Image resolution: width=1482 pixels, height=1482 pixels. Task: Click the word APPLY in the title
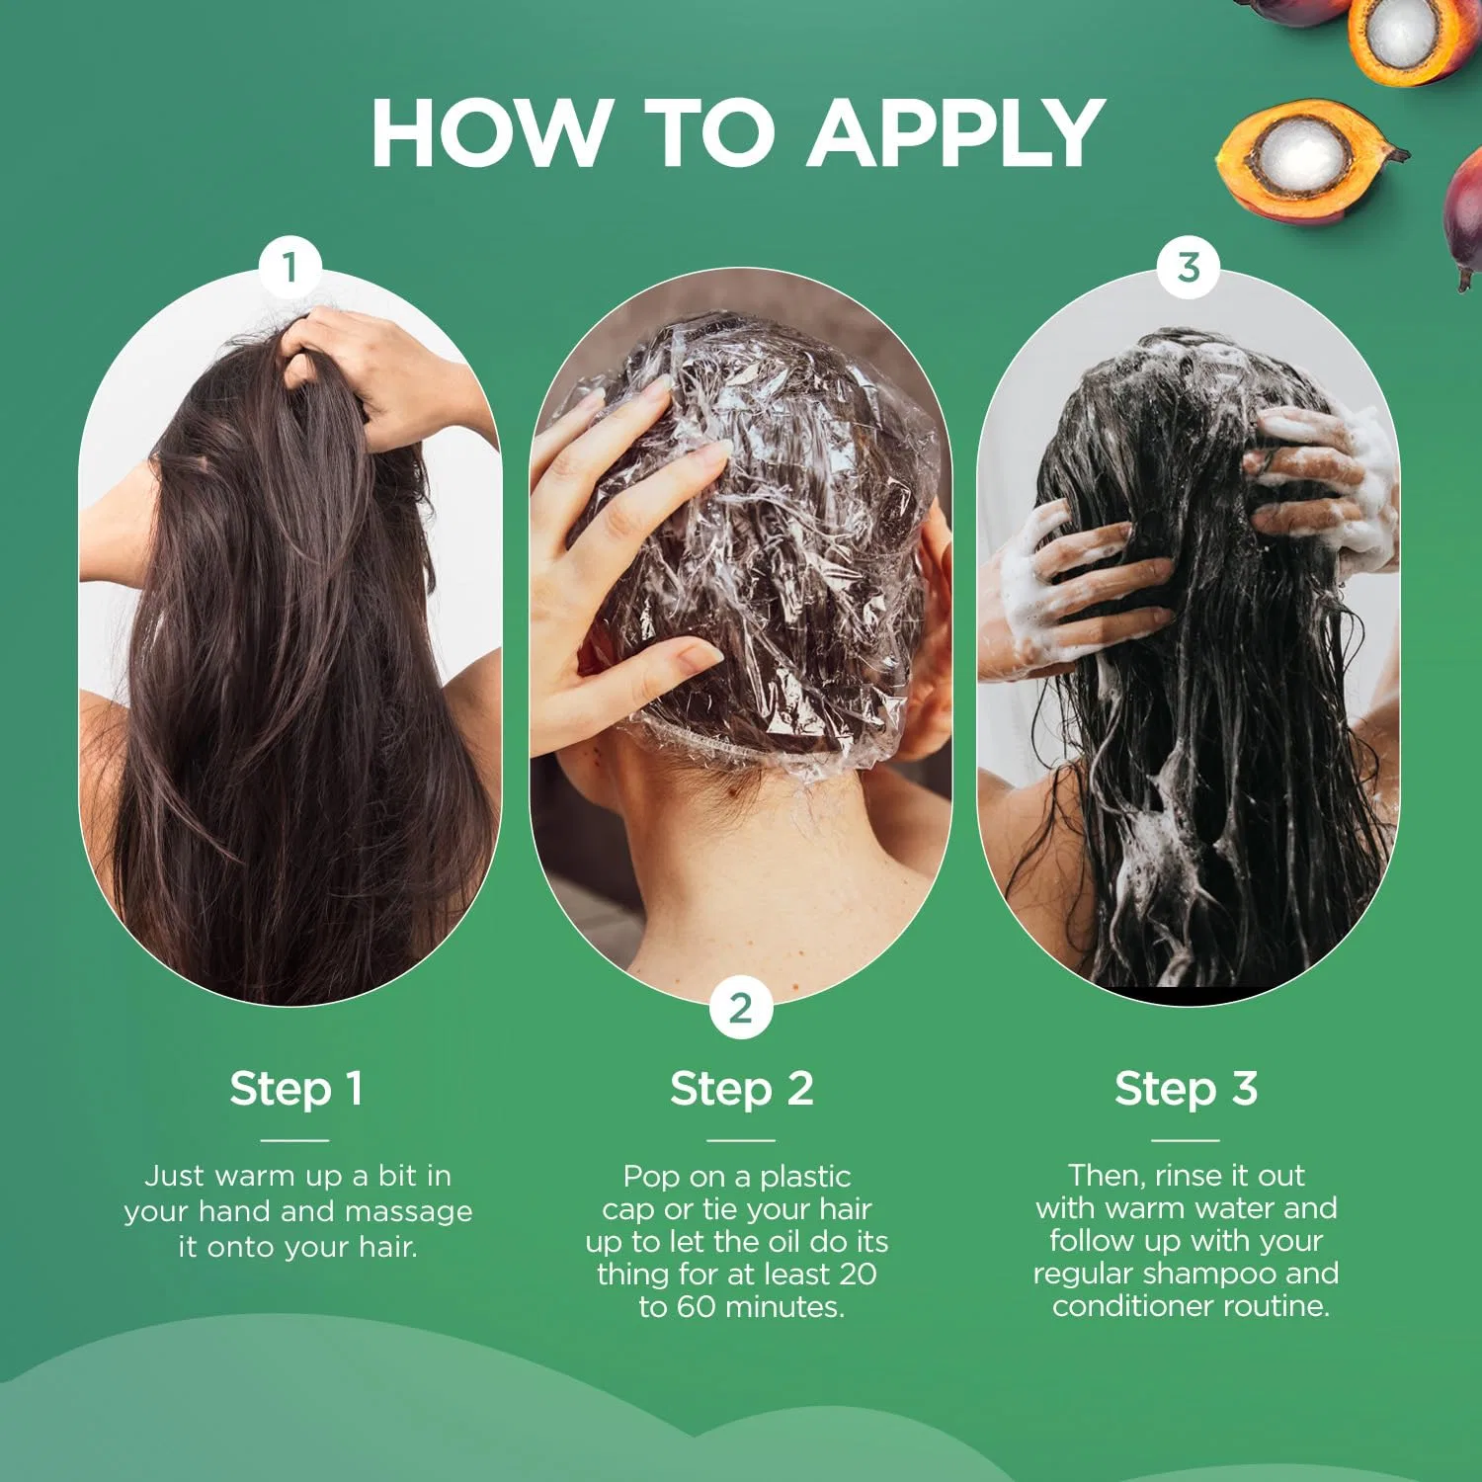956,132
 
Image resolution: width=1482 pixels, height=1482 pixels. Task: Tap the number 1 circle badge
289,267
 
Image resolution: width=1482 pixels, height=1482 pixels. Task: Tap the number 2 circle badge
740,1009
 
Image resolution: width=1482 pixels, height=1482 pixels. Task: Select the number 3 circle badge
1189,267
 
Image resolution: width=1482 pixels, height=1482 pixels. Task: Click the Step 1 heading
296,1089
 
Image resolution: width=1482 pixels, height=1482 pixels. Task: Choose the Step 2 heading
741,1089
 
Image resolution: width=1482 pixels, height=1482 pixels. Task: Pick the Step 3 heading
1186,1089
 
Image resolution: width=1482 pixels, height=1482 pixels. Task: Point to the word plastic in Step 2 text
805,1178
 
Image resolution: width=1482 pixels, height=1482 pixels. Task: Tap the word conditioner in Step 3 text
1133,1306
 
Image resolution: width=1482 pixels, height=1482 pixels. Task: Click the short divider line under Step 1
295,1140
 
